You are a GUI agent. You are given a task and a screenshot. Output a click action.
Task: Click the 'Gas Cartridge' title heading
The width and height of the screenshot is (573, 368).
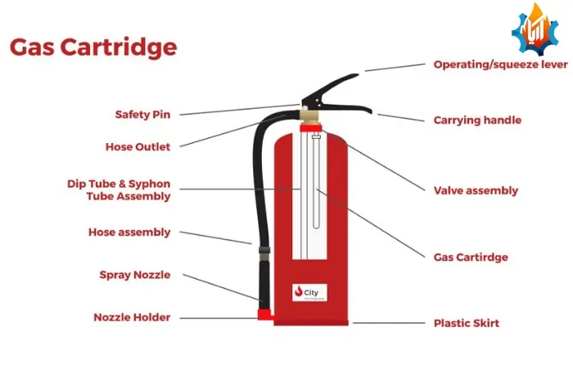point(92,47)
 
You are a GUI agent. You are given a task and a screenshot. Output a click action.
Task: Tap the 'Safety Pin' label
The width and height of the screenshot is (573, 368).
point(142,114)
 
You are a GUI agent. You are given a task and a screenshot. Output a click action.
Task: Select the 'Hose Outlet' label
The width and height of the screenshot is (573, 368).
point(138,147)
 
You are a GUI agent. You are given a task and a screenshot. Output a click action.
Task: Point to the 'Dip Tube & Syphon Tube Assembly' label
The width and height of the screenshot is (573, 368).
point(119,190)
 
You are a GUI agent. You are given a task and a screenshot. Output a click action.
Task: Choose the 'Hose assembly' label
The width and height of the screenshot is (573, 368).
point(129,232)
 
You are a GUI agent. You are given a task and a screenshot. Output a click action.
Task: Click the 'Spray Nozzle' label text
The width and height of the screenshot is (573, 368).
point(134,275)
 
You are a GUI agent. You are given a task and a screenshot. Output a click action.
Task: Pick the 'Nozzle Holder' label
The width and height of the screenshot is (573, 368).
point(132,317)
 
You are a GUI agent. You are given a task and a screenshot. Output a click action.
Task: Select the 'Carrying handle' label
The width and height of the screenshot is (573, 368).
point(477,120)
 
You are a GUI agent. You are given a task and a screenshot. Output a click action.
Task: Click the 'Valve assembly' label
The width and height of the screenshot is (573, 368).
point(476,191)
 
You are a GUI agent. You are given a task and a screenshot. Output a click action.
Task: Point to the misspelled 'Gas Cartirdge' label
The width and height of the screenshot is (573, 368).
point(471,257)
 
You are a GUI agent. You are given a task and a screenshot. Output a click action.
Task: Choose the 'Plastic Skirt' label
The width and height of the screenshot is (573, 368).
point(466,323)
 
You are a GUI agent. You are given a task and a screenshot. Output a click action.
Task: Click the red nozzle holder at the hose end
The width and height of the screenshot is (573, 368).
point(264,314)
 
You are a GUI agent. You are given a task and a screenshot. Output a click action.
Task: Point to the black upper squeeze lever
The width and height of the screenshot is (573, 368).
point(332,86)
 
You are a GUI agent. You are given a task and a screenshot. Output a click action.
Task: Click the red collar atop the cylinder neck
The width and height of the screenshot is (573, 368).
point(309,127)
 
